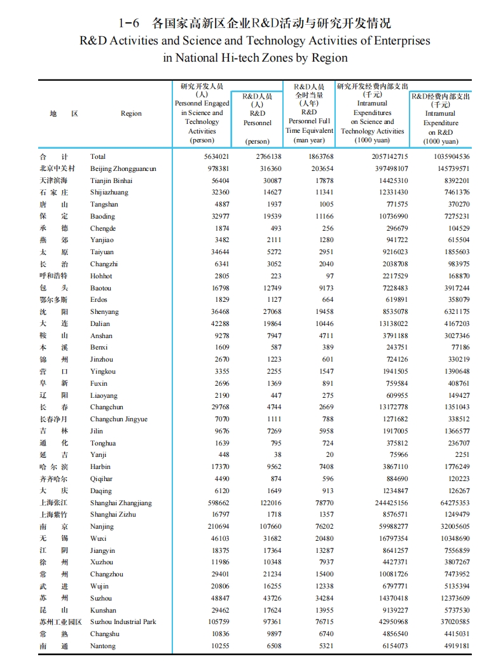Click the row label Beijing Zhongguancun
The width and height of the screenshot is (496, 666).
pyautogui.click(x=123, y=168)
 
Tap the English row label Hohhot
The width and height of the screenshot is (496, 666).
pyautogui.click(x=101, y=276)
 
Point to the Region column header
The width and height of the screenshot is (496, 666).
pyautogui.click(x=131, y=113)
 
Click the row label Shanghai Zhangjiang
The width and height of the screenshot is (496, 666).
pyautogui.click(x=121, y=503)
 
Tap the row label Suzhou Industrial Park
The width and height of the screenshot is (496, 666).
pyautogui.click(x=123, y=622)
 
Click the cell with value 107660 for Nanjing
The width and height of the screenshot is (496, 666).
pyautogui.click(x=267, y=526)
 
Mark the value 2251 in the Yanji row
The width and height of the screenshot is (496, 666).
pyautogui.click(x=462, y=454)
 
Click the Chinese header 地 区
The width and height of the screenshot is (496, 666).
pyautogui.click(x=64, y=113)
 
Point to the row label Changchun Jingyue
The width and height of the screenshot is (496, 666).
pyautogui.click(x=118, y=419)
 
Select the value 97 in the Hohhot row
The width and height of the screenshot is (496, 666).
pyautogui.click(x=329, y=276)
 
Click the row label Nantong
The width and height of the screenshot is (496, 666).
pyautogui.click(x=103, y=646)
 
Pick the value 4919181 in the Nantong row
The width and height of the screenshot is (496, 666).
pyautogui.click(x=454, y=646)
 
